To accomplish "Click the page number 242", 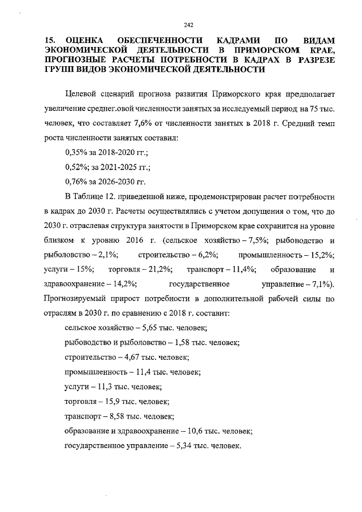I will (188, 24).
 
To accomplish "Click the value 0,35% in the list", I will (77, 152).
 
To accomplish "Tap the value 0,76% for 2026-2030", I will (77, 182).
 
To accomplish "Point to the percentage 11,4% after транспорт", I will (242, 269).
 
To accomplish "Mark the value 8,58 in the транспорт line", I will (113, 416).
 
